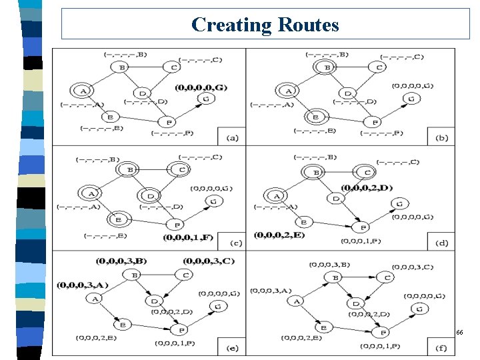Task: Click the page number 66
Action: [x=459, y=331]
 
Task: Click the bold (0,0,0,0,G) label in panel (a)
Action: [x=201, y=87]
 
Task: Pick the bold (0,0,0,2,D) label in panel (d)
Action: [x=367, y=187]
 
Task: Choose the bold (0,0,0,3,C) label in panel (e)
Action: [x=209, y=260]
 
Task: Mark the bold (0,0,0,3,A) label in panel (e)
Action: [x=82, y=285]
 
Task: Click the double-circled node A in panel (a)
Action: [x=83, y=91]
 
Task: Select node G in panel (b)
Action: [x=411, y=99]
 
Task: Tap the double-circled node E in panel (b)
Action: [x=319, y=117]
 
